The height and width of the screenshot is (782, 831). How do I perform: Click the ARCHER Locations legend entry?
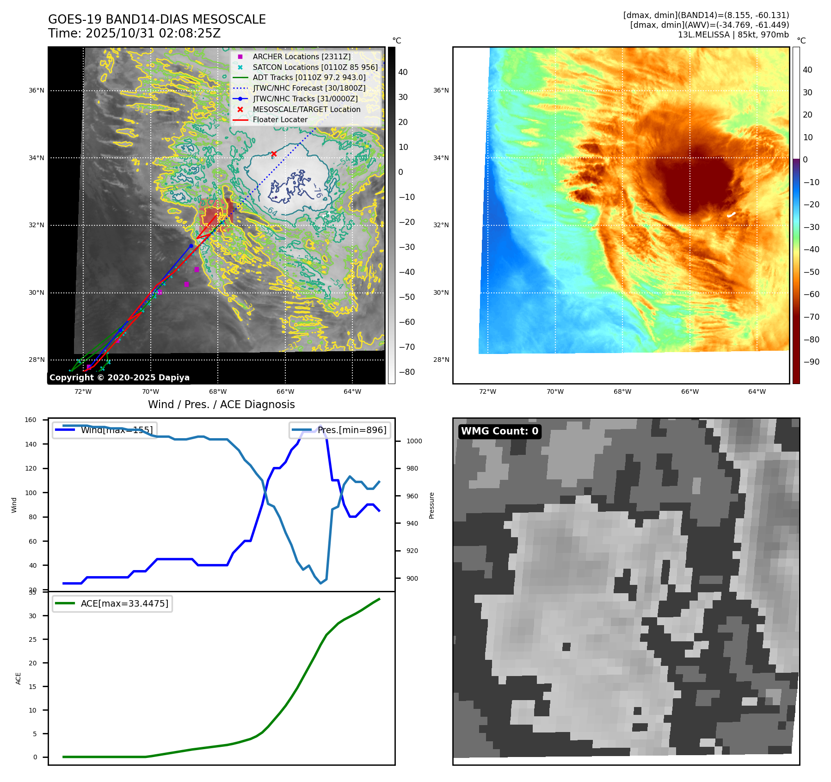pos(302,56)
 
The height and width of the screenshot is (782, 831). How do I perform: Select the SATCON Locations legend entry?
pos(315,67)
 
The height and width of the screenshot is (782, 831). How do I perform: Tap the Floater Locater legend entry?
pos(280,119)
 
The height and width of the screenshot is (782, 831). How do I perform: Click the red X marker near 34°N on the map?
pos(274,154)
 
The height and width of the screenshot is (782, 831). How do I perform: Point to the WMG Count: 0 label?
pos(499,431)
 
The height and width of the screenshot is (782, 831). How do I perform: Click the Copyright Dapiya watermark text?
pos(119,378)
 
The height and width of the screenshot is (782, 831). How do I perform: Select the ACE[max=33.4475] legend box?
pos(112,603)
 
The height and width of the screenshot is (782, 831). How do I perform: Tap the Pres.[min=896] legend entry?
pos(340,430)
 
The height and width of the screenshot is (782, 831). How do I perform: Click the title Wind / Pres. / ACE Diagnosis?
pos(221,404)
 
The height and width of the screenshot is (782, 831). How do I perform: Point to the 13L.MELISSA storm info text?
pos(733,35)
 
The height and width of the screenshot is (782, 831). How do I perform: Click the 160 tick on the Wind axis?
pos(31,420)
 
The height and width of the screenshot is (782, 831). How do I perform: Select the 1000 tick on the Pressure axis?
pos(414,441)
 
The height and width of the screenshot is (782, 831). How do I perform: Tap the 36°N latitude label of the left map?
pos(37,91)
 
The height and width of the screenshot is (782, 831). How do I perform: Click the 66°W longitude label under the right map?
pos(689,391)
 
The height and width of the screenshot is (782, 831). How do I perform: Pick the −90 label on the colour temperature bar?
pos(811,362)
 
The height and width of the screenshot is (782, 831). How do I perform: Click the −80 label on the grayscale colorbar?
pos(407,372)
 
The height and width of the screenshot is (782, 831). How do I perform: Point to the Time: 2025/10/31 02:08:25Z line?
pos(134,33)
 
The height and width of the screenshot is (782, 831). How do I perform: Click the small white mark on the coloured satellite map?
pos(731,215)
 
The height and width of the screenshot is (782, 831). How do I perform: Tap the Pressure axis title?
pos(431,505)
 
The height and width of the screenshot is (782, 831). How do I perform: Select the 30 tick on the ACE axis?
pos(32,616)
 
